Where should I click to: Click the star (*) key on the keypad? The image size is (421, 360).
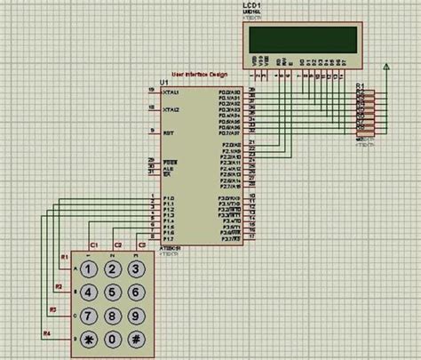pos(89,339)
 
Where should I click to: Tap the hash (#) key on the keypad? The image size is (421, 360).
pos(135,339)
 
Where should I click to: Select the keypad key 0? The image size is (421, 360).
pos(112,339)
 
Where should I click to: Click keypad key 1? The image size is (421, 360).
pos(89,268)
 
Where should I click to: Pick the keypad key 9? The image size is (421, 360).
pos(135,315)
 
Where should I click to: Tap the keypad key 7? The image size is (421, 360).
pos(89,315)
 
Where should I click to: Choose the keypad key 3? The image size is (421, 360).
pos(135,268)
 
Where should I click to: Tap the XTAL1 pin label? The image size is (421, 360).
pos(171,92)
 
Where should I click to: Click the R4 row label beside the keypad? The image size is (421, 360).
pos(47,332)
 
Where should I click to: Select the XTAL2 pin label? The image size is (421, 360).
pos(171,110)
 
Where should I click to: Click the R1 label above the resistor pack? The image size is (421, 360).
pos(360,86)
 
